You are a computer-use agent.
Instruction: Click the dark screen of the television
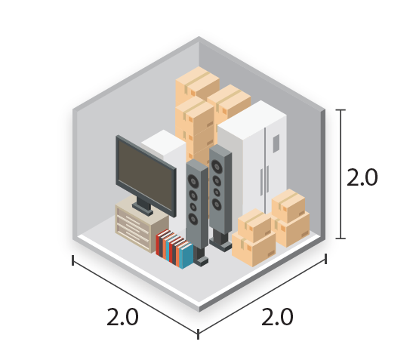coord(146,175)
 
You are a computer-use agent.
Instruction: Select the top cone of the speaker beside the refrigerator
coord(217,166)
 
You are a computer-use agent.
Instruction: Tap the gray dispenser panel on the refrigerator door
coord(276,143)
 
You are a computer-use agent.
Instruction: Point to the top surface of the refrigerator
coord(252,119)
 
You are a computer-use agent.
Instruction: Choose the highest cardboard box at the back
coord(198,83)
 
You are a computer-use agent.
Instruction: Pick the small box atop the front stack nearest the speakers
coord(254,225)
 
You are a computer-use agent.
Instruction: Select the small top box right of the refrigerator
coord(288,205)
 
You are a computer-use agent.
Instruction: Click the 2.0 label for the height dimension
coord(362,177)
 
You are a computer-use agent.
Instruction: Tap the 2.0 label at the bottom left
coord(122,316)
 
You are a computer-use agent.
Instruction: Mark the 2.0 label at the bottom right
coord(277,316)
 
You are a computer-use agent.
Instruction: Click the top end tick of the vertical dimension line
coord(341,110)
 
